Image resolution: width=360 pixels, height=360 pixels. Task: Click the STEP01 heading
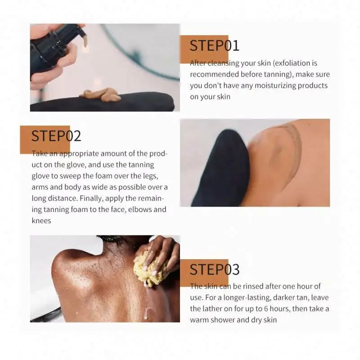[214, 45]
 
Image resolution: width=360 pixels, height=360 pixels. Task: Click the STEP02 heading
[56, 136]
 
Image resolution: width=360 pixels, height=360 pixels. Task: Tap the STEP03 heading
[214, 269]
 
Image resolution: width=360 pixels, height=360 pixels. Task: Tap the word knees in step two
[41, 220]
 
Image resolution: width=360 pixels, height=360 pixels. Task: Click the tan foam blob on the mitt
[101, 95]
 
